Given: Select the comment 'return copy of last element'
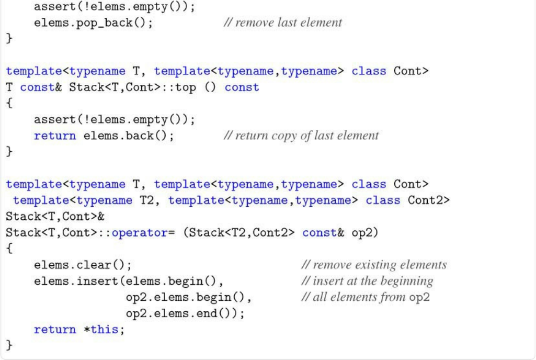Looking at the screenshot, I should [301, 136].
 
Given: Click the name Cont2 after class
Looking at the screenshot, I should [428, 200].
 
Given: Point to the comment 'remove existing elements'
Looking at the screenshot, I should [374, 265].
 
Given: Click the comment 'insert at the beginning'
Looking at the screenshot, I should [368, 281].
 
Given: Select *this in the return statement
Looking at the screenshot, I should [108, 330].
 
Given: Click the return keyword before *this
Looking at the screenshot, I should [55, 330].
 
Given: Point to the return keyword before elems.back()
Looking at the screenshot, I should [55, 136].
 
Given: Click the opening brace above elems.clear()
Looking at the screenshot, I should [9, 249].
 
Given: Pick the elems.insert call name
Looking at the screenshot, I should [76, 281].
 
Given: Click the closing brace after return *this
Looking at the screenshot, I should [9, 345].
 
